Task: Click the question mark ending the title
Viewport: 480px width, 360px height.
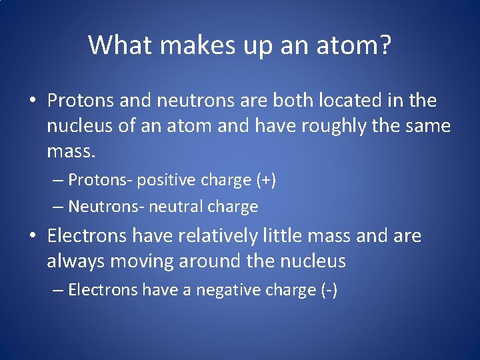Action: (385, 45)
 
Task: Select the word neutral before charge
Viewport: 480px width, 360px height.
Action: (177, 207)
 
